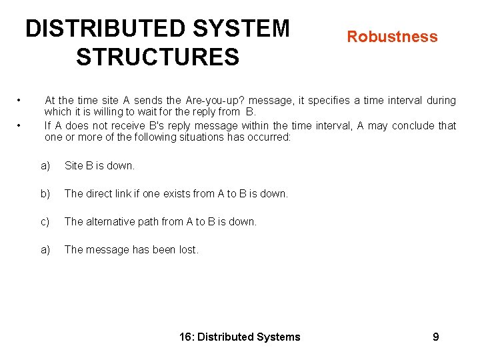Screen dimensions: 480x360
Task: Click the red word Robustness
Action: (392, 37)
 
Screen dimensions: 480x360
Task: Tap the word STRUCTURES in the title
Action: (157, 57)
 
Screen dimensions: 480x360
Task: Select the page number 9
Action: (435, 337)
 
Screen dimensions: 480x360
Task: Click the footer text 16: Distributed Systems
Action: (240, 337)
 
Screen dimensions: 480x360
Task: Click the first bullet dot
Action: (21, 101)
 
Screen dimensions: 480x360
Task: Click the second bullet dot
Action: (21, 125)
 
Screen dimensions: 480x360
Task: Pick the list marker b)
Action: (45, 193)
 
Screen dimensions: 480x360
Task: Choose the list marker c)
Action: (45, 221)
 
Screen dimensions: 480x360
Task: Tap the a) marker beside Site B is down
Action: (45, 165)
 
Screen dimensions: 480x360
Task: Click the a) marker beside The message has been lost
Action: (45, 249)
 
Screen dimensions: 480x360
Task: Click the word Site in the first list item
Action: (74, 165)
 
